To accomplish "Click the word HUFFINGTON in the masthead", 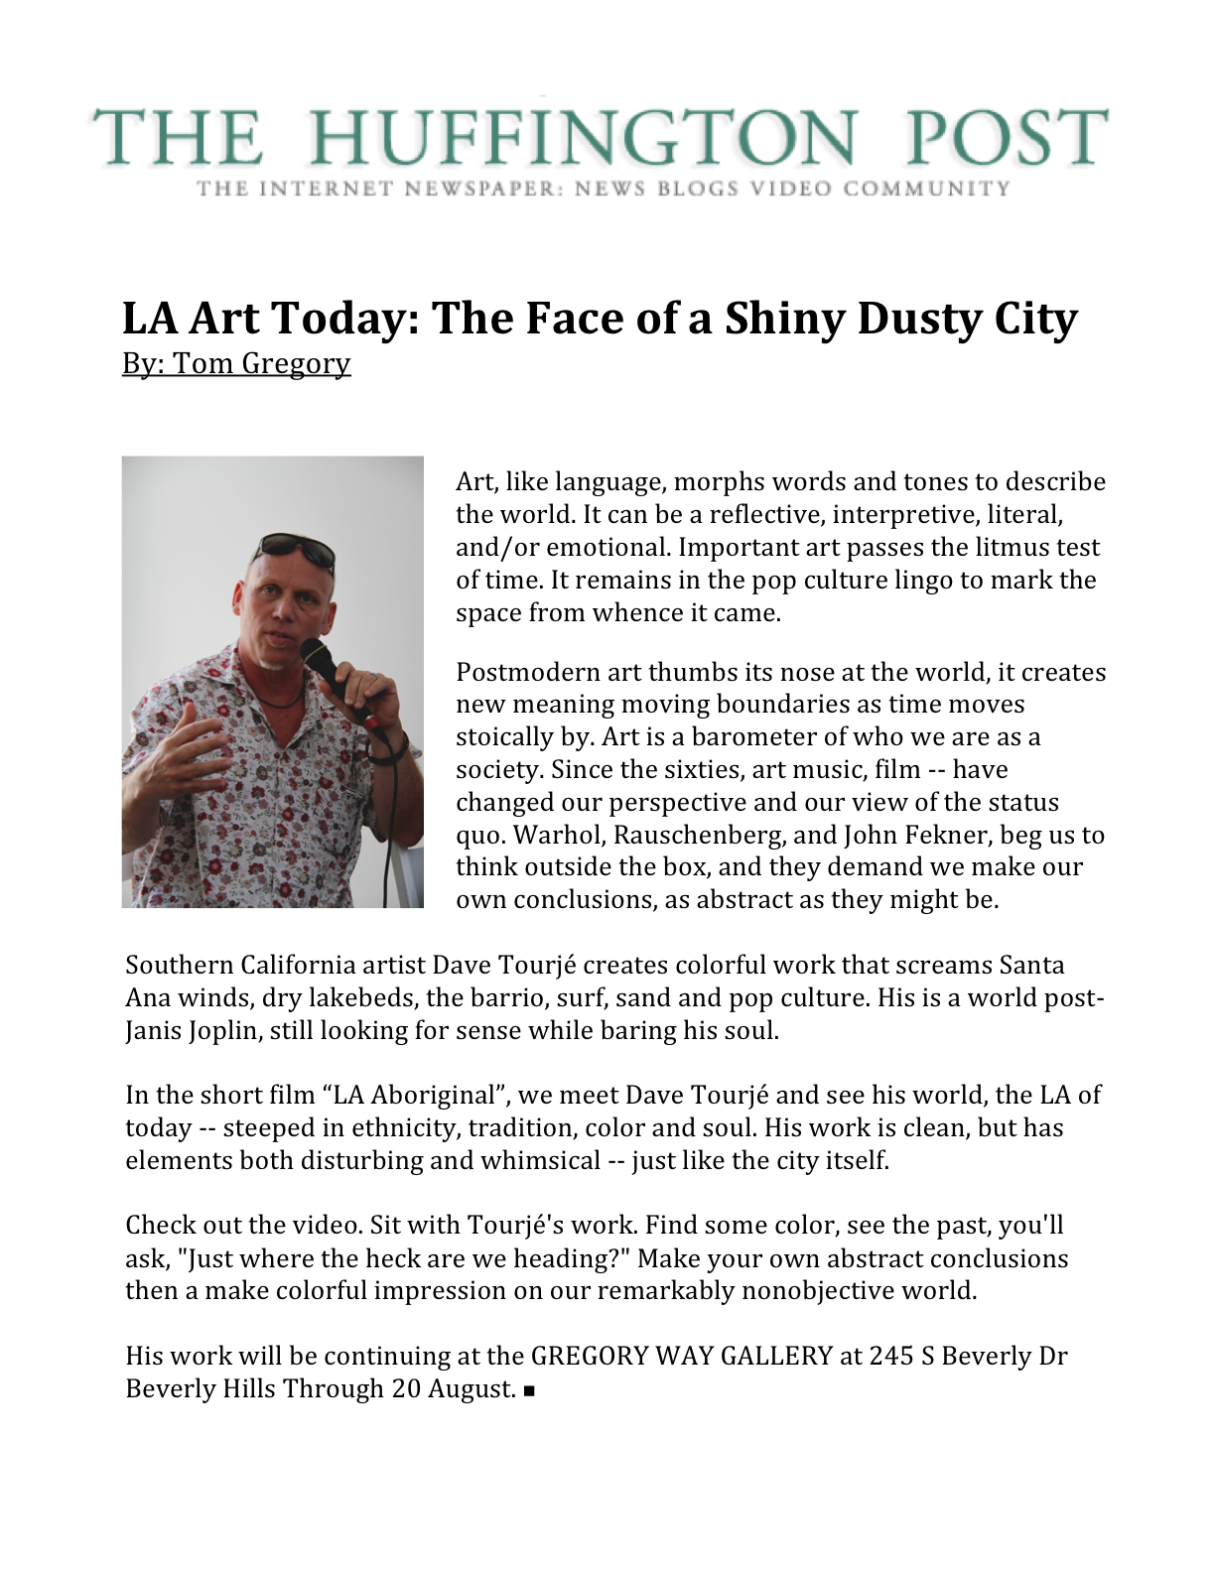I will click(583, 138).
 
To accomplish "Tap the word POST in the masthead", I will click(1005, 138).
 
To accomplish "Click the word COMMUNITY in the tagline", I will click(927, 189).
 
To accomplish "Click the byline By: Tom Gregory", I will click(236, 363).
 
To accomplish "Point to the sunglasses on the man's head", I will click(294, 550).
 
